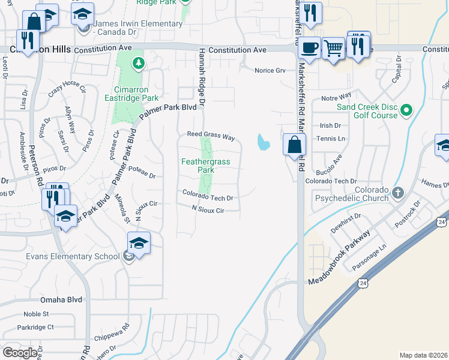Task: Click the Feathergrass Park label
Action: point(198,165)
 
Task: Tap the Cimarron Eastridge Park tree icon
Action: point(139,62)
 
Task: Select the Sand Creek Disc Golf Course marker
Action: point(406,110)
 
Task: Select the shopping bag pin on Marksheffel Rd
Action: point(294,145)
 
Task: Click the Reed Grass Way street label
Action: point(211,136)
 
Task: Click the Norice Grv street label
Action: point(270,70)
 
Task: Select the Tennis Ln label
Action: point(334,139)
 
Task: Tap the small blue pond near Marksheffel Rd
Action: point(263,142)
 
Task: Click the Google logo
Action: point(20,352)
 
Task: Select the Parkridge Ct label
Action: point(35,328)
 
